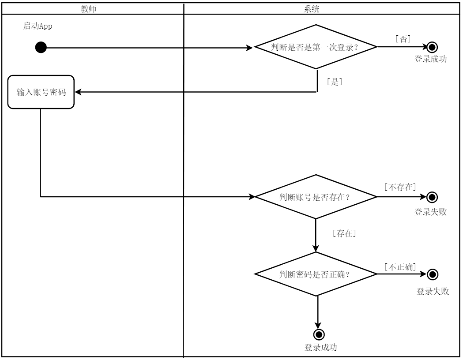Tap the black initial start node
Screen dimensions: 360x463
pyautogui.click(x=41, y=47)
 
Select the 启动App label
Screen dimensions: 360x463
pyautogui.click(x=38, y=26)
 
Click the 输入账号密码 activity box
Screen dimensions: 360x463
pyautogui.click(x=41, y=92)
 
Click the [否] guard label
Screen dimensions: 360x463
pyautogui.click(x=403, y=39)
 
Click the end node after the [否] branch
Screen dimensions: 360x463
pyautogui.click(x=432, y=47)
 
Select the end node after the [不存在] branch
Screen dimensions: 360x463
pyautogui.click(x=432, y=196)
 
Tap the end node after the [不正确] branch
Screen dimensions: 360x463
pyautogui.click(x=433, y=274)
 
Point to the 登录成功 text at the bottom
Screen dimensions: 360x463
pyautogui.click(x=320, y=347)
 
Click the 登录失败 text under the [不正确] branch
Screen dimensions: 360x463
pyautogui.click(x=433, y=291)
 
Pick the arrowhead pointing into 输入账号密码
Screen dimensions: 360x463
pyautogui.click(x=78, y=92)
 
